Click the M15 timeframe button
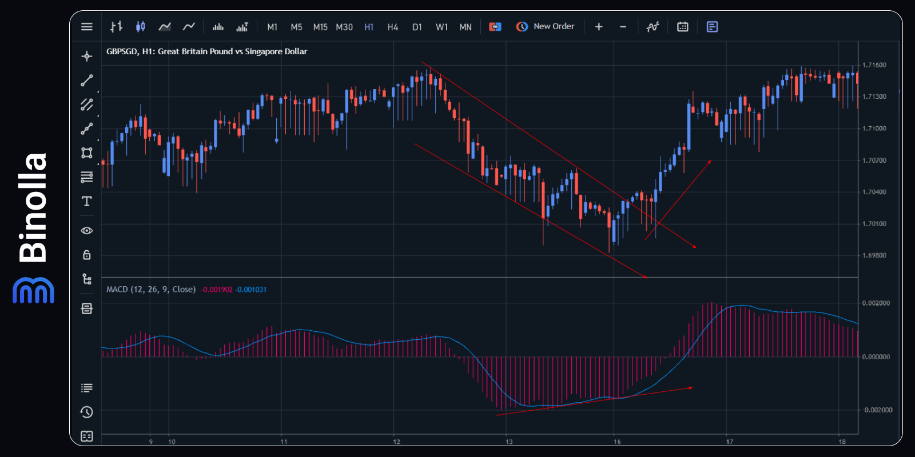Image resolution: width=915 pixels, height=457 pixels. click(x=320, y=27)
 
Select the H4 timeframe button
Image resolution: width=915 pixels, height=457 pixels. click(x=392, y=27)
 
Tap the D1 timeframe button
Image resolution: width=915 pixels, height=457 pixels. click(x=417, y=27)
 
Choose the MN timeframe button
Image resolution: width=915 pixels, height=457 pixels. click(x=466, y=27)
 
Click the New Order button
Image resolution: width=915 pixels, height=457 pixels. click(x=546, y=26)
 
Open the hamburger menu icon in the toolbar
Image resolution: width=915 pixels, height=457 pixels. click(x=87, y=26)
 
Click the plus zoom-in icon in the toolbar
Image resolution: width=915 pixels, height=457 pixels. click(x=599, y=26)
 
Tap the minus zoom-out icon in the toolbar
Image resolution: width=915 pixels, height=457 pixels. click(x=623, y=26)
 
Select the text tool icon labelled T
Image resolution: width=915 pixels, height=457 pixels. click(x=87, y=201)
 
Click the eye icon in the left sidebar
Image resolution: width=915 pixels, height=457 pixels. click(x=87, y=231)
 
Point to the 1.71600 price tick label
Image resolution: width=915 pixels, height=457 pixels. click(x=874, y=65)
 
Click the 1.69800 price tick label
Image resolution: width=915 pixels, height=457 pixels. click(x=874, y=255)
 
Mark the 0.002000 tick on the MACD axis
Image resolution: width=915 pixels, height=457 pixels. click(x=876, y=303)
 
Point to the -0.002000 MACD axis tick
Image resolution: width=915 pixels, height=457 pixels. click(x=877, y=410)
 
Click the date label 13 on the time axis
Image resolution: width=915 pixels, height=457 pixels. click(x=509, y=442)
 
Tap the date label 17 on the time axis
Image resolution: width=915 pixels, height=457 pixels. click(x=730, y=442)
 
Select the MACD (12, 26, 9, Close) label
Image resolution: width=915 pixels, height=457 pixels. click(x=151, y=290)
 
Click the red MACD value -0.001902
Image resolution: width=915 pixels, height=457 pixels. click(x=217, y=290)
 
